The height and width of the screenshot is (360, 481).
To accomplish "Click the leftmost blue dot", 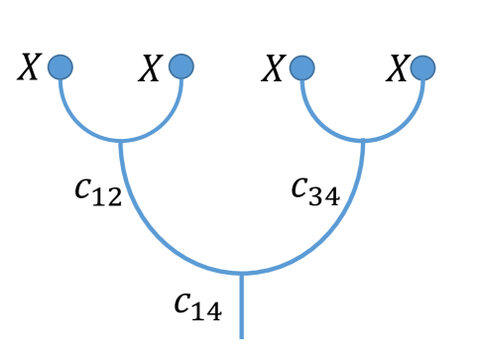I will (x=60, y=66).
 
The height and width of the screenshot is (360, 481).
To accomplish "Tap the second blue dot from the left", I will (x=181, y=66).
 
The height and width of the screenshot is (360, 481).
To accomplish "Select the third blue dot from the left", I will (x=302, y=67).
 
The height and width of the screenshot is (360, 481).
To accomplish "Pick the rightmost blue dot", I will (x=423, y=67).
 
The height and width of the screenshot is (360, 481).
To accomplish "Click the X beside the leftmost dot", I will (x=30, y=68).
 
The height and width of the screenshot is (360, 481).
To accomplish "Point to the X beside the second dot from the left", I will (x=150, y=68).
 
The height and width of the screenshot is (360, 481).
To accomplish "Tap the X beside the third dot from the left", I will (x=273, y=68).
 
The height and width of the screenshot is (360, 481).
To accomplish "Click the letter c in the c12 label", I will (x=84, y=188).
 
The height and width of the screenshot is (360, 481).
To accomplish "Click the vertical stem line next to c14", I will (x=242, y=307).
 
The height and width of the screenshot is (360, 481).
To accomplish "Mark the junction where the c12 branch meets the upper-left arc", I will (x=121, y=141).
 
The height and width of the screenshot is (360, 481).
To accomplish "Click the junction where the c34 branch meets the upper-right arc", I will (x=363, y=141).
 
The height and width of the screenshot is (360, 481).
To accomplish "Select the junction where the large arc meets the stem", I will (x=242, y=273).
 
